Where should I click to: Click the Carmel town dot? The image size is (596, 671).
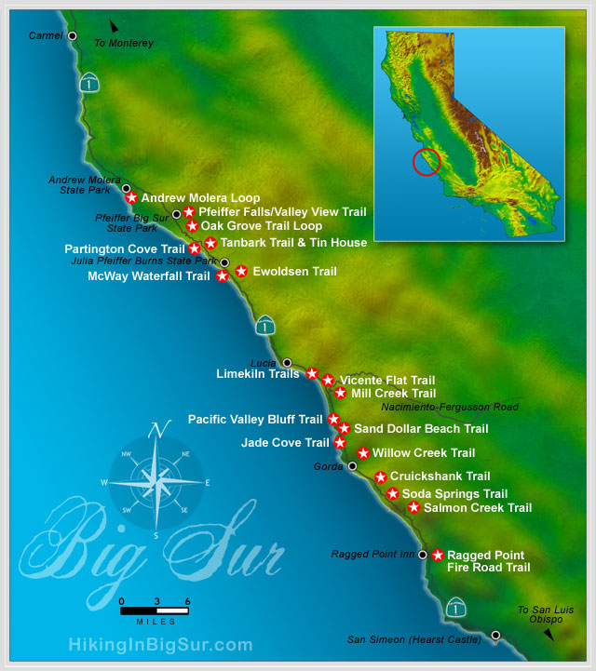[72, 36]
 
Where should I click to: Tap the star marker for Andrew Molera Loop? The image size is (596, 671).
[131, 197]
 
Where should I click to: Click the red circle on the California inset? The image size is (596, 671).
[426, 161]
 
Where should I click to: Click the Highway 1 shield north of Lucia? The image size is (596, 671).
[266, 325]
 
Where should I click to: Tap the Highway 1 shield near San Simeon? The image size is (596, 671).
[454, 607]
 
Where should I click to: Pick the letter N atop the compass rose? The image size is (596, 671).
[159, 430]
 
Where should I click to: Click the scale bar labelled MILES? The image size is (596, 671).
[155, 611]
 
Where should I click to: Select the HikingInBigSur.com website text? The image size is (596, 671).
[160, 644]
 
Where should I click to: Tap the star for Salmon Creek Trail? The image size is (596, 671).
[413, 507]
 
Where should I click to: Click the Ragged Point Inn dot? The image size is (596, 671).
[423, 555]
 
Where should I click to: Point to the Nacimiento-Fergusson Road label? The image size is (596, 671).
[450, 408]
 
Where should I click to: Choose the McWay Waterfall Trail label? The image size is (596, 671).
[149, 276]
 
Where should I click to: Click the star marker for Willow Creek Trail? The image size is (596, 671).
[363, 453]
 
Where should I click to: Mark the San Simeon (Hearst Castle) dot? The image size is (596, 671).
[495, 636]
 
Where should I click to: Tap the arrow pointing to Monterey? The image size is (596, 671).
[114, 27]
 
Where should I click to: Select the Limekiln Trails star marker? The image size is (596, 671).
[312, 373]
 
